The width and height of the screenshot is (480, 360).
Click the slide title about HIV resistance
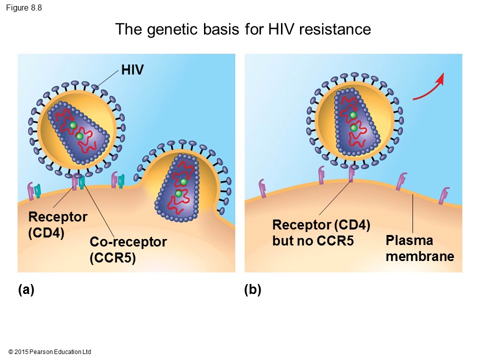click(x=243, y=29)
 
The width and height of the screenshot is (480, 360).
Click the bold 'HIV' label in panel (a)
click(x=132, y=70)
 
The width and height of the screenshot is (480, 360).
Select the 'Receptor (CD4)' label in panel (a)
click(x=57, y=225)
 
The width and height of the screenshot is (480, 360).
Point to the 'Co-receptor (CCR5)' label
click(x=128, y=249)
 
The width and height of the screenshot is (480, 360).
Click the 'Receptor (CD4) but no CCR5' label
click(x=321, y=232)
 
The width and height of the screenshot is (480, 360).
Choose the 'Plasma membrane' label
click(x=419, y=248)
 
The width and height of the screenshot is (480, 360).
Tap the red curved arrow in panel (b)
click(x=429, y=88)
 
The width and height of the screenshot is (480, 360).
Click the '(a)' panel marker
click(x=26, y=289)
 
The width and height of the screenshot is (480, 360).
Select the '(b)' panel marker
click(x=253, y=289)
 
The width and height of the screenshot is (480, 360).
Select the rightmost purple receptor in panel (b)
click(x=444, y=195)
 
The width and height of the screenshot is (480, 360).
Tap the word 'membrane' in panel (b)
click(x=419, y=257)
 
